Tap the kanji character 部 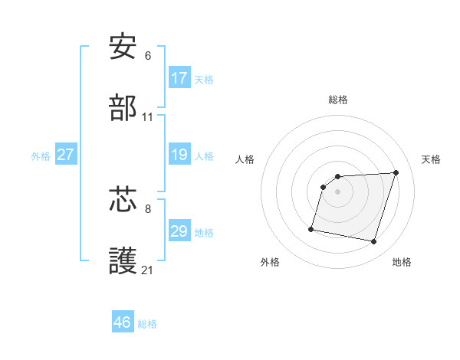[123, 109]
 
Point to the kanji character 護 [123, 261]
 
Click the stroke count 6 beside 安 [148, 55]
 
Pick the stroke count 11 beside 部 [148, 117]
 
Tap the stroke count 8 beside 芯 [148, 208]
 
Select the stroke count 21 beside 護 [148, 270]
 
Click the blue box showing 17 [179, 78]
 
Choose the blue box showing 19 [179, 155]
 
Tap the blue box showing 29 [179, 231]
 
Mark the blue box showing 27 [66, 155]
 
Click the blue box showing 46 [123, 322]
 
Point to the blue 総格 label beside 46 [147, 324]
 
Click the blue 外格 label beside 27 [41, 156]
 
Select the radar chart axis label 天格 [431, 159]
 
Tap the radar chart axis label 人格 [246, 159]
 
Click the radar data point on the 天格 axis [396, 172]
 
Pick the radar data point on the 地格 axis [373, 241]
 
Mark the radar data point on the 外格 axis [311, 228]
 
